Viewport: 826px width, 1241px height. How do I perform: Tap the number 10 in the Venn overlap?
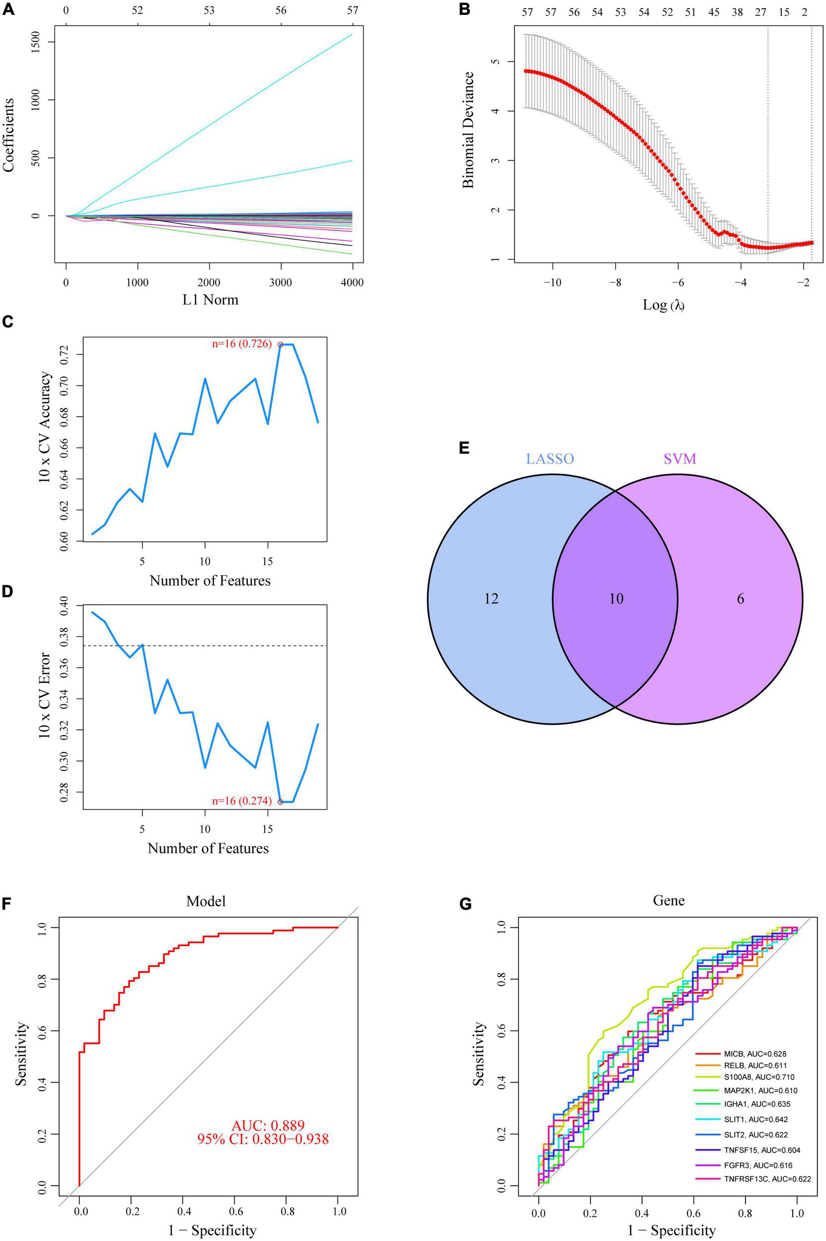616,598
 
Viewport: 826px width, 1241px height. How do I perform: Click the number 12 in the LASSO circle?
491,598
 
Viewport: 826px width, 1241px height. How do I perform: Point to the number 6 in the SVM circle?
740,598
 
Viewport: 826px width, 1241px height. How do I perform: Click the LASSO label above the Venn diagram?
550,459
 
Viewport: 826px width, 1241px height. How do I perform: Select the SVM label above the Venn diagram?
679,459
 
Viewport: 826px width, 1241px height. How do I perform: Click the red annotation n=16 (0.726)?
242,344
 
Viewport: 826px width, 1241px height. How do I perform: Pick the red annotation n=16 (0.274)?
242,801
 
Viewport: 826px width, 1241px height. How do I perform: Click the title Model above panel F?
206,901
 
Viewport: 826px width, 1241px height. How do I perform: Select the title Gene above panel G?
669,900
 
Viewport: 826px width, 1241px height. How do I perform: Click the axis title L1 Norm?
210,300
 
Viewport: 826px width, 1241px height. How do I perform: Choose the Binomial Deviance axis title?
468,130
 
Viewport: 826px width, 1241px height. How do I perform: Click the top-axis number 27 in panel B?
760,12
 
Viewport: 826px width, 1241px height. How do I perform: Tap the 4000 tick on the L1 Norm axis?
352,283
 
